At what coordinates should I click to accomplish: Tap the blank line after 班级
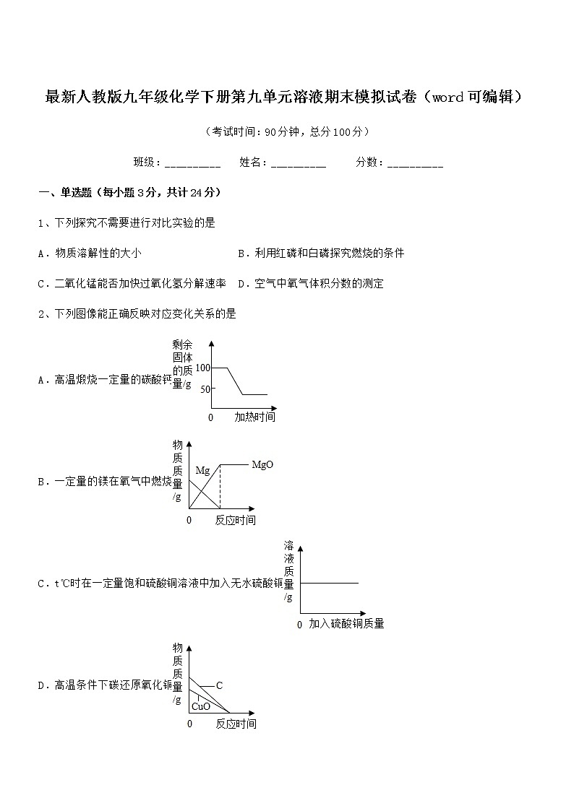192,164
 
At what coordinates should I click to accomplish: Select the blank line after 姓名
299,164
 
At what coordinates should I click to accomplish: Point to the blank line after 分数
415,164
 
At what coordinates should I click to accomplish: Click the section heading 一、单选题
129,193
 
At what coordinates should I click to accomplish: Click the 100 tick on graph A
202,368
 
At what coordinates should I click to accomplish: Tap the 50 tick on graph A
204,389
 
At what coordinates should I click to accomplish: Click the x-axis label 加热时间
254,417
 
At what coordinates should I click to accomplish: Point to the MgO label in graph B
262,464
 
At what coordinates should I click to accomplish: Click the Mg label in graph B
202,471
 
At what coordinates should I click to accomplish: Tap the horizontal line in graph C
329,583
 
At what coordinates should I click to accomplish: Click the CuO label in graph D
201,706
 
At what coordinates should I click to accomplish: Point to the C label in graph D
219,685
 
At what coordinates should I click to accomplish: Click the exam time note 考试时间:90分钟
287,132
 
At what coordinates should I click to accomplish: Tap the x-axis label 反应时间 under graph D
236,724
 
